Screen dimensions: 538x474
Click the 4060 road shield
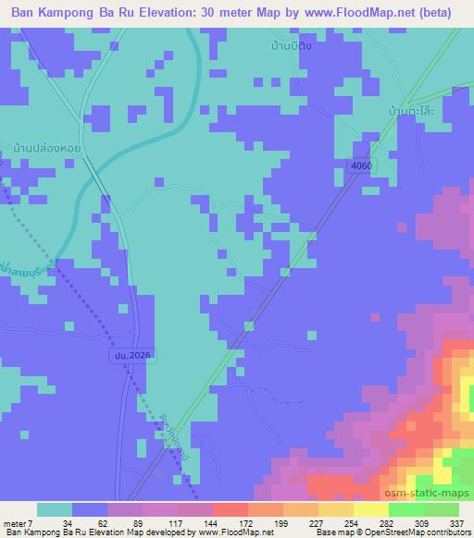click(361, 165)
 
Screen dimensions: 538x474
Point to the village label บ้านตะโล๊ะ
click(413, 110)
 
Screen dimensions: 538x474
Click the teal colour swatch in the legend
click(55, 508)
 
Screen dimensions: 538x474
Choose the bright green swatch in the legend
click(406, 508)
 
